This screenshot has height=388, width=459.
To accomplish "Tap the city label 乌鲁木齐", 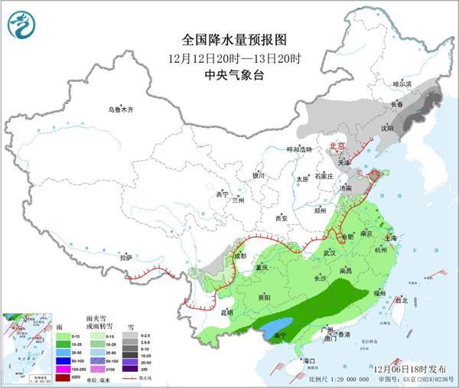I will (120, 110).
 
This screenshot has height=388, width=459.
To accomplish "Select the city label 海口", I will (310, 359).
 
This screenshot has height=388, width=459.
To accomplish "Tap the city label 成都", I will (242, 255).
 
